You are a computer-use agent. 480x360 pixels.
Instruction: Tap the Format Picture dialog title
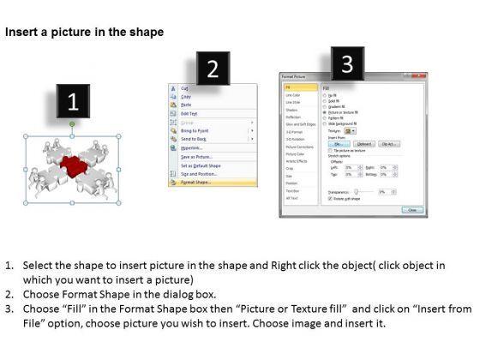299,77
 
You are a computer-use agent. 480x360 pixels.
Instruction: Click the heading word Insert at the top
23,32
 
